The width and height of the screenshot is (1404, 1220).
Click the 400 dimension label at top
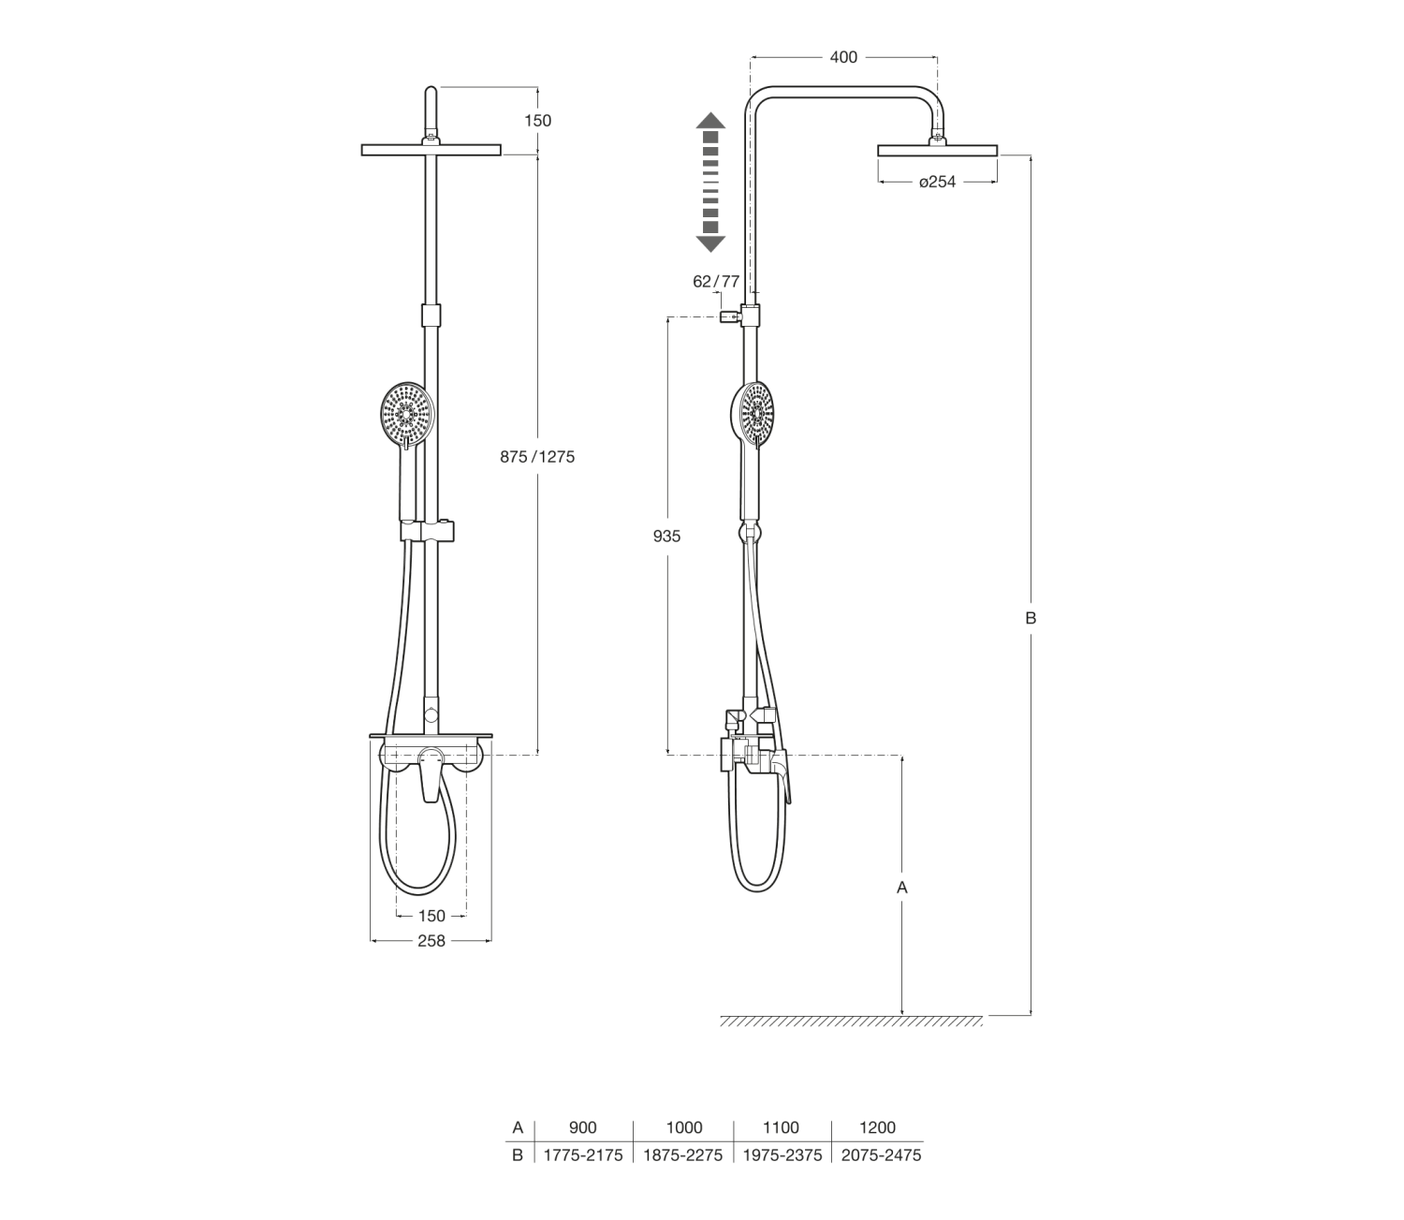(843, 58)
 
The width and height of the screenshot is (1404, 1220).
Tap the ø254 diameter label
(937, 182)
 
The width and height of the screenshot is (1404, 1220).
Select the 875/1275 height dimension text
(537, 457)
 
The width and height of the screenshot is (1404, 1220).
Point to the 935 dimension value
(666, 537)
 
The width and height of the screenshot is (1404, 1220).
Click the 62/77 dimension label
(716, 281)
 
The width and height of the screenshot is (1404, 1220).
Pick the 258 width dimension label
(431, 941)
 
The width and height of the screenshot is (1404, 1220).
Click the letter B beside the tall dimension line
(1031, 618)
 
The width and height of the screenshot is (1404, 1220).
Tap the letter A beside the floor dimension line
(901, 888)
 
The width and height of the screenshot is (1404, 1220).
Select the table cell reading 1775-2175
(583, 1155)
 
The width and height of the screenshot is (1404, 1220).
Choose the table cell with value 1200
(878, 1127)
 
